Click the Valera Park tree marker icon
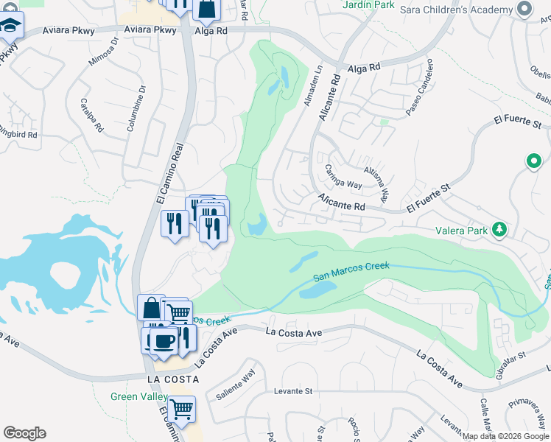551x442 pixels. (499, 230)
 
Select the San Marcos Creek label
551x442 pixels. (351, 273)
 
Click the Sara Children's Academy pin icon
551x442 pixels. (524, 9)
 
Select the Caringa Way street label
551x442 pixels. (343, 177)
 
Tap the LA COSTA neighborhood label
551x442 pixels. (173, 379)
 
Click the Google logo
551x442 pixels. (24, 433)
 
